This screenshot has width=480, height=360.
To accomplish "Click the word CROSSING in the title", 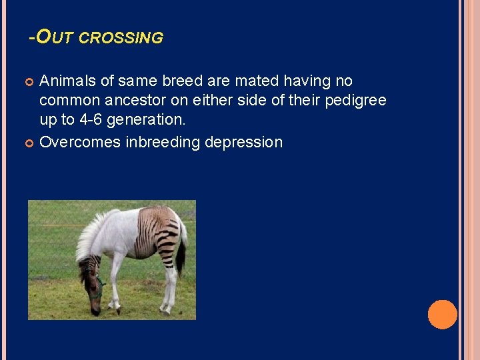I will tap(121, 38).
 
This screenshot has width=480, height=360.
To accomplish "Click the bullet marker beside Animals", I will tap(29, 82).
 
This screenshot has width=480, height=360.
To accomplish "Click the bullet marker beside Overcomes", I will tap(29, 143).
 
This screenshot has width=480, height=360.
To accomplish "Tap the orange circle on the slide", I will tap(442, 314).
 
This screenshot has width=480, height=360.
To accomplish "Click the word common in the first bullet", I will tap(68, 101).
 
